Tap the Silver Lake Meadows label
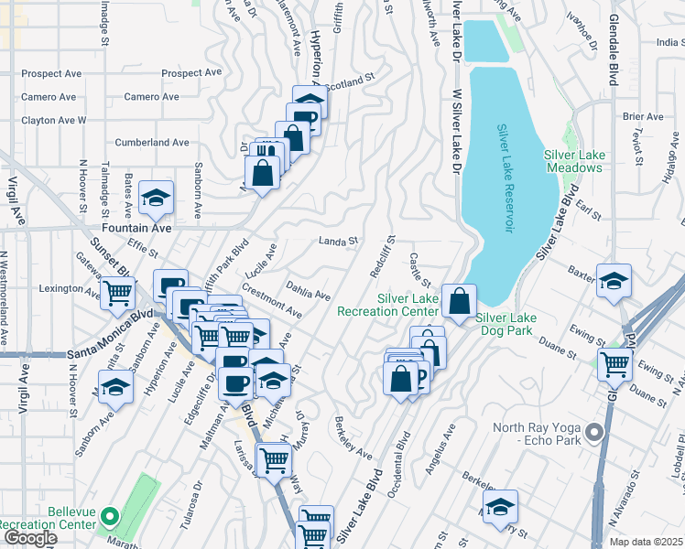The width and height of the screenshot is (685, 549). click(x=573, y=161)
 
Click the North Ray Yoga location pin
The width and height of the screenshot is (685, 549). click(x=593, y=431)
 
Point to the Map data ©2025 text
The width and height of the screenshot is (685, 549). click(x=647, y=542)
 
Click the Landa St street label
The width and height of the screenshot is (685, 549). click(x=337, y=242)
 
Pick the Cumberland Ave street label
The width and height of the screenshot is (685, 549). click(x=152, y=143)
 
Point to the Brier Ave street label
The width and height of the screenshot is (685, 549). click(x=642, y=117)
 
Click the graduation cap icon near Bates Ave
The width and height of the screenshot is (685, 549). click(x=157, y=197)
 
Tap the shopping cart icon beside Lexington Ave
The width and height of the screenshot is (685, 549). click(x=117, y=292)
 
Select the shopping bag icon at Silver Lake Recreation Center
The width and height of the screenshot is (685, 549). click(x=459, y=298)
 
